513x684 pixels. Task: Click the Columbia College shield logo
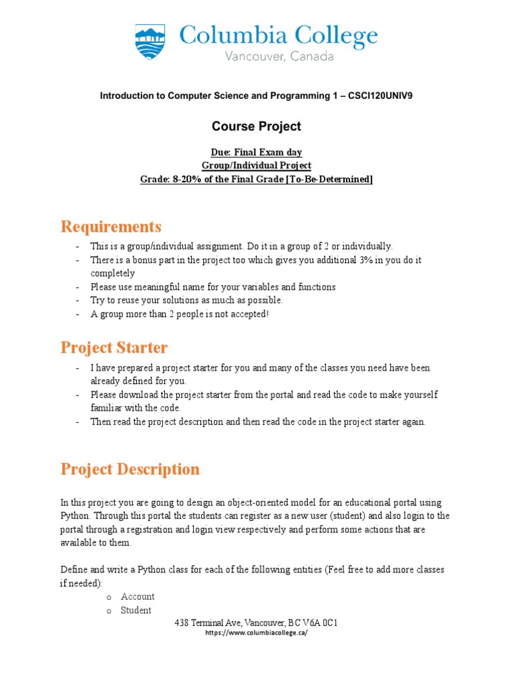click(x=150, y=42)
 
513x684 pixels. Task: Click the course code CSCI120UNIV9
click(x=384, y=96)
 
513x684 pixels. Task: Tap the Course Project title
click(x=256, y=126)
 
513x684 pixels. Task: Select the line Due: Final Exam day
click(x=256, y=152)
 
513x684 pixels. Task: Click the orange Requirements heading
click(x=111, y=226)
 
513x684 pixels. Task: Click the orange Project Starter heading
click(x=114, y=348)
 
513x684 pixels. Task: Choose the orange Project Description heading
click(x=130, y=469)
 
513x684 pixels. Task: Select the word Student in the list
click(x=136, y=610)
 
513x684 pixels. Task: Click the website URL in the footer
click(x=256, y=633)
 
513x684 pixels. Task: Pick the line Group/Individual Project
click(x=256, y=166)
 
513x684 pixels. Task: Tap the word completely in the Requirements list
click(x=113, y=273)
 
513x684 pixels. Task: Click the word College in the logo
click(x=334, y=35)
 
